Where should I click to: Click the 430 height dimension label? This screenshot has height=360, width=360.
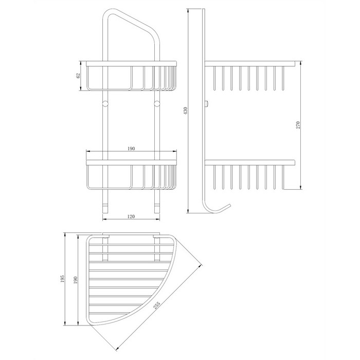186,110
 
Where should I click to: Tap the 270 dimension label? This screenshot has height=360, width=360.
298,125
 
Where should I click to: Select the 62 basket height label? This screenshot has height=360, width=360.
78,76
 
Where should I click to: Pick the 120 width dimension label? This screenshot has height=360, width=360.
131,217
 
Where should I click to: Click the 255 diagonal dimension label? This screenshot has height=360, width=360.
156,305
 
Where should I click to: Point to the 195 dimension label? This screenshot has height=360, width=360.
62,279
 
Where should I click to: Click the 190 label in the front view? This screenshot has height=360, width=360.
131,149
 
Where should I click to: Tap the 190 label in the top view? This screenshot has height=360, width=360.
76,280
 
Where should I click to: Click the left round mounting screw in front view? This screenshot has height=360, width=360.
105,103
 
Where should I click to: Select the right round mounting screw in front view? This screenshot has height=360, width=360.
157,103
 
